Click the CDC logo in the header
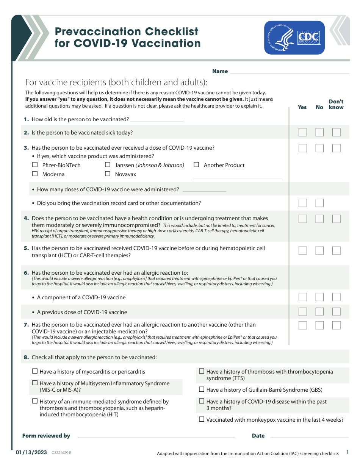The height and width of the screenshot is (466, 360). (294, 38)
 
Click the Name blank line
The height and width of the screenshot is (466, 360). (290, 72)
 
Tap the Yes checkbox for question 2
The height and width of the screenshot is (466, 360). (302, 132)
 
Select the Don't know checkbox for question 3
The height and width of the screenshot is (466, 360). (336, 148)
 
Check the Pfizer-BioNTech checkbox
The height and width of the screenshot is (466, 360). (35, 165)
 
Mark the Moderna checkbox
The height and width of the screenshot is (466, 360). (35, 174)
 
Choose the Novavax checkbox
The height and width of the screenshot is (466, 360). (108, 174)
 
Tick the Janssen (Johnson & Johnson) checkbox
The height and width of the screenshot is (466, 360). (108, 165)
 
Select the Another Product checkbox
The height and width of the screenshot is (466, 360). (196, 165)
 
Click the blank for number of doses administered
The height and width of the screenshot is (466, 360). (204, 190)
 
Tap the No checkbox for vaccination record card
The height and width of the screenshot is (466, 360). (319, 203)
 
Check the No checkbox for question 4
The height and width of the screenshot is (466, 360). (319, 219)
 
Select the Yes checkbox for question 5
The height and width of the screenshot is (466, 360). (302, 250)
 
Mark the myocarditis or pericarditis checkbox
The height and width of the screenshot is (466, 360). (35, 371)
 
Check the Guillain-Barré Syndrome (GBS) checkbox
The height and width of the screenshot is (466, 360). (202, 389)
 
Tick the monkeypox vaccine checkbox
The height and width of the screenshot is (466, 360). (202, 419)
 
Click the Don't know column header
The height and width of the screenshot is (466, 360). (336, 104)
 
